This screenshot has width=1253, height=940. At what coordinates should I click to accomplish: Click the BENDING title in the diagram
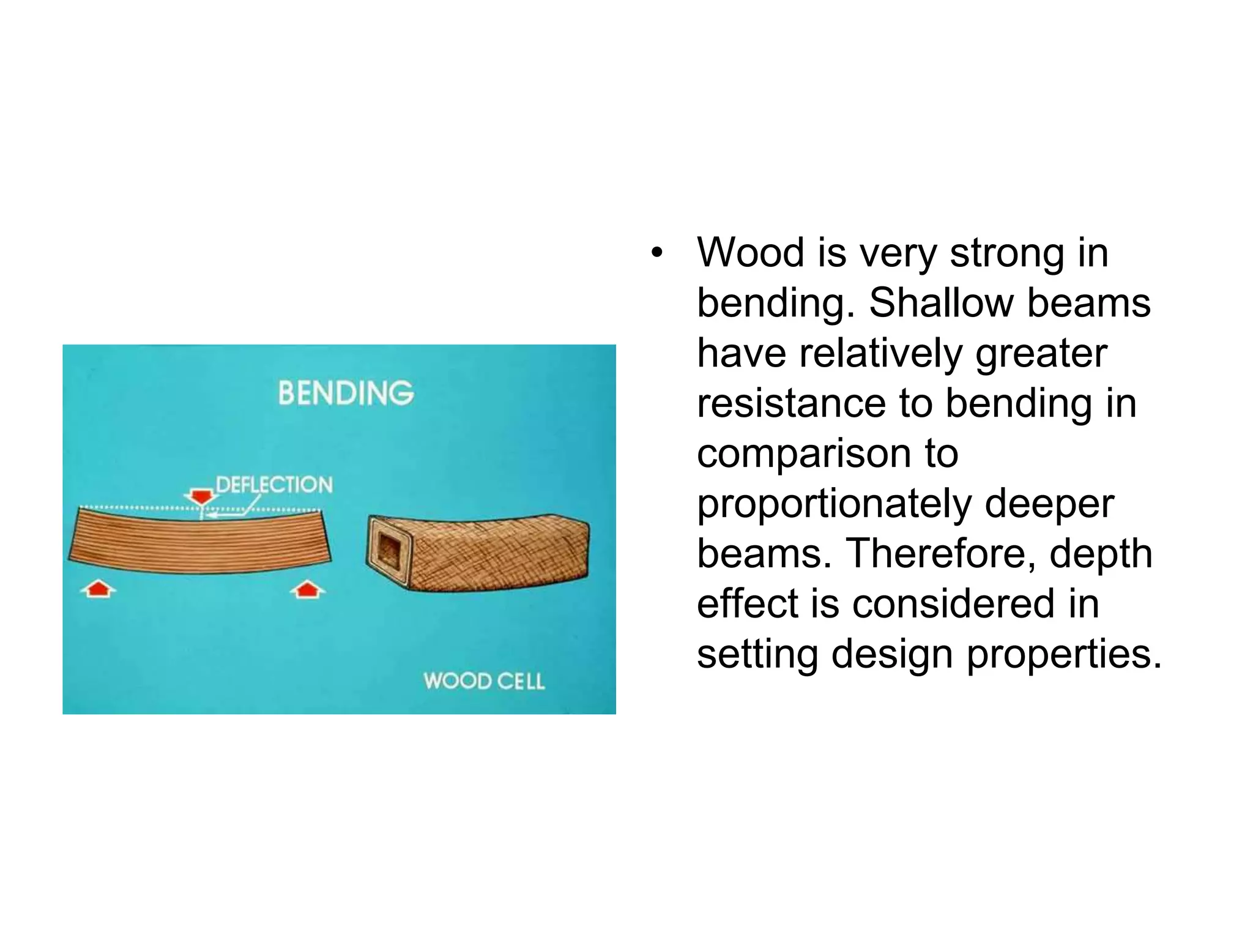coord(346,393)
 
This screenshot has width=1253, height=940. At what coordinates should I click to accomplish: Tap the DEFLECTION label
coord(274,485)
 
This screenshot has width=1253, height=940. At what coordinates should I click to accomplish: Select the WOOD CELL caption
coord(483,681)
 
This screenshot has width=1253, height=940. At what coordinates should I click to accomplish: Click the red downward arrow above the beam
coord(201,496)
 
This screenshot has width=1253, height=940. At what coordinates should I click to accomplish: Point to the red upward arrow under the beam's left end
coord(99,590)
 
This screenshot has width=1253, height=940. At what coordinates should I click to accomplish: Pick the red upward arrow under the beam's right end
coord(307,590)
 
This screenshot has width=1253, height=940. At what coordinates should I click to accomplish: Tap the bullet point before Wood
coord(656,253)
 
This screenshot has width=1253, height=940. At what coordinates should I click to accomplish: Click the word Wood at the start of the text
coord(750,253)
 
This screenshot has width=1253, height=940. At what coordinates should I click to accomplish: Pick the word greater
coord(1041,354)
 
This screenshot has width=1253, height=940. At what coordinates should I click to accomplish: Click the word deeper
coord(1049,505)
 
